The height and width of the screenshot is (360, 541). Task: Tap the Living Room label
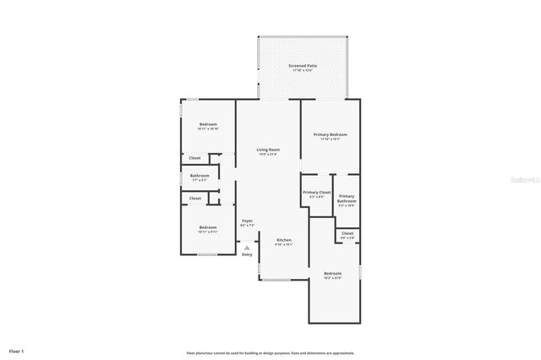268,150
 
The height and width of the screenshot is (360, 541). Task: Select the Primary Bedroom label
330,134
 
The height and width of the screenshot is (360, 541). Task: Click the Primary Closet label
317,193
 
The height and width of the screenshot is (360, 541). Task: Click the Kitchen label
284,240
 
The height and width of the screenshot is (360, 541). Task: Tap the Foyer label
247,221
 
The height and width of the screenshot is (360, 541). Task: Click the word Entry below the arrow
247,254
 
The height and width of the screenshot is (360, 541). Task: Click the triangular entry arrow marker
247,247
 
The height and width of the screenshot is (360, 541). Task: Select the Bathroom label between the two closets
199,176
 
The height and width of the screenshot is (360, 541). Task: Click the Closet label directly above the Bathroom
194,157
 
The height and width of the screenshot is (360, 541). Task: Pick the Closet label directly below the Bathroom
194,199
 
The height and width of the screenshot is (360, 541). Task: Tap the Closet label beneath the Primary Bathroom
347,233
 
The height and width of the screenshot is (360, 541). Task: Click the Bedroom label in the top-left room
208,124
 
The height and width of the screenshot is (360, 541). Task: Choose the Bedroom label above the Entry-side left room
208,226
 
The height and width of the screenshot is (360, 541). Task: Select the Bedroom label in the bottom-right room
332,273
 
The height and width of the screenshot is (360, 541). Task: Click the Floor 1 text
17,350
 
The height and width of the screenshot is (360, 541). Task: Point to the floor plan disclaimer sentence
270,352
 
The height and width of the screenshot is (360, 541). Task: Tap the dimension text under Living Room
268,155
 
